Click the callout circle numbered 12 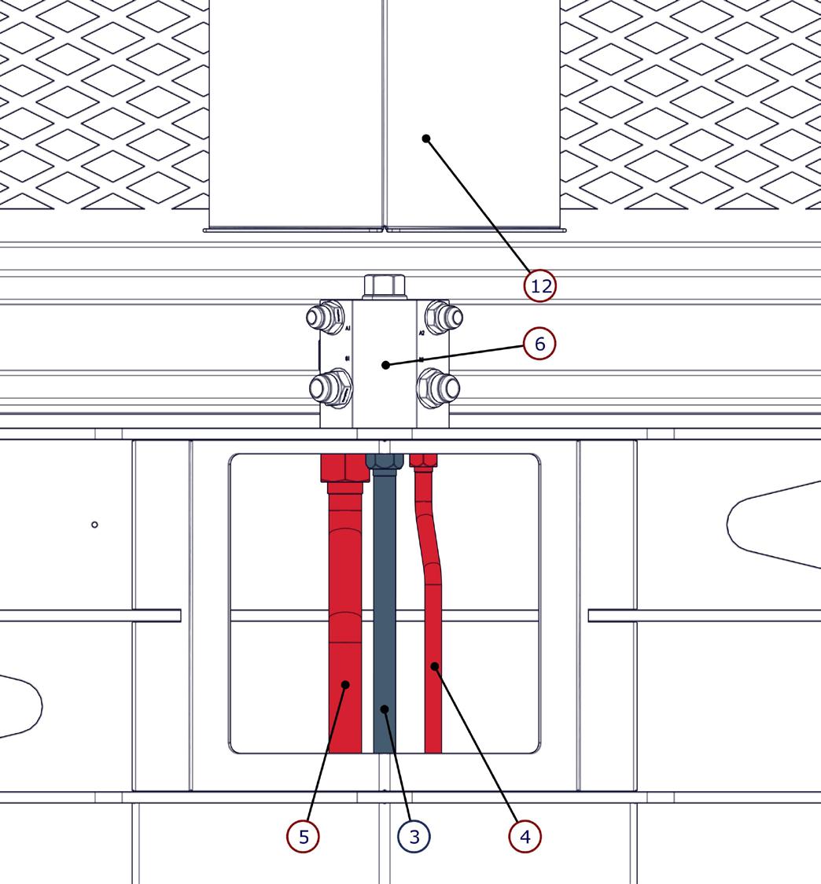pos(540,285)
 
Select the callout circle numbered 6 pos(539,344)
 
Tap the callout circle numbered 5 pos(304,836)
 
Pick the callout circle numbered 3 pos(414,836)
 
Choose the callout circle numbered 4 pos(525,836)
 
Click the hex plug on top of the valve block pos(383,286)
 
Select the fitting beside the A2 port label pos(444,318)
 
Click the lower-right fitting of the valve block pos(441,387)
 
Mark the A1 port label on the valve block pos(348,330)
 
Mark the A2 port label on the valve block pos(422,333)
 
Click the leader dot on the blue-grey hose pos(385,709)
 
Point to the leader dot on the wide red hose pos(345,685)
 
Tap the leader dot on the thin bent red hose pos(434,667)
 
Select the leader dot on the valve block pos(385,365)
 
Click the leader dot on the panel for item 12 pos(426,138)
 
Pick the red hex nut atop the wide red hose pos(344,468)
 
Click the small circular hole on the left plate pos(95,525)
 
